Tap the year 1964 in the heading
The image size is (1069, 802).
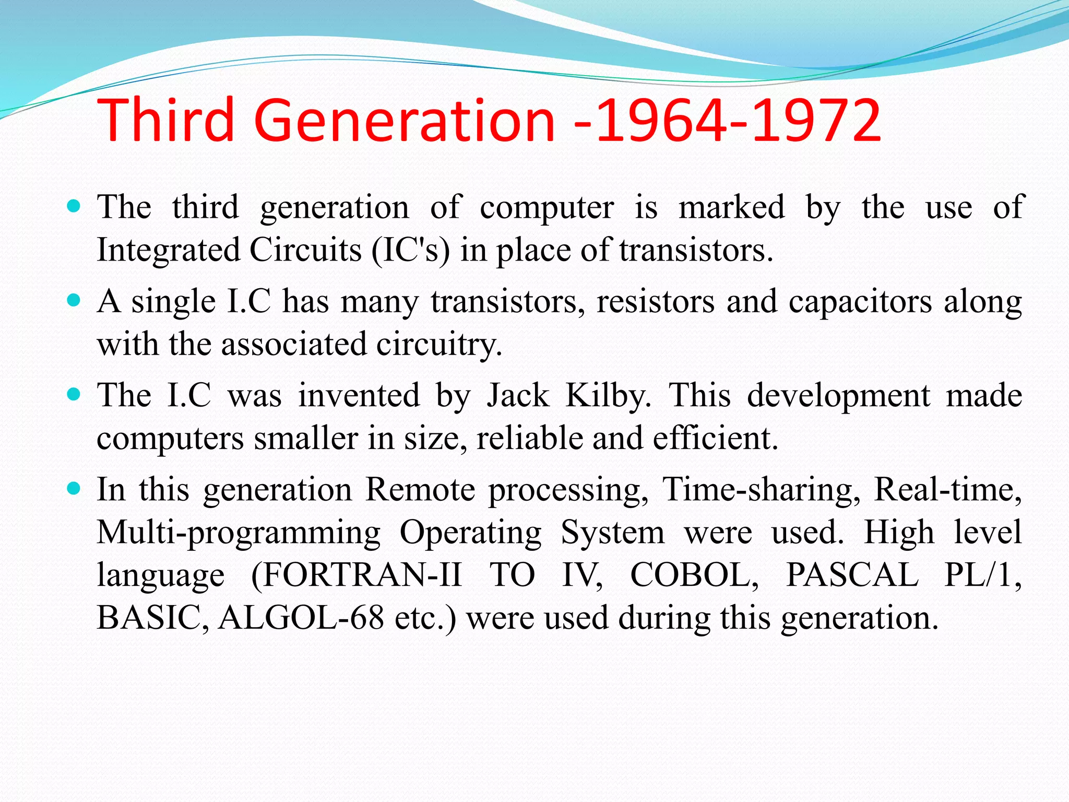coord(661,121)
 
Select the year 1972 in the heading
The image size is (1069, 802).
coord(816,121)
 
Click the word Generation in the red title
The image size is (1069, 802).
coord(405,121)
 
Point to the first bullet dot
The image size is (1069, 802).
coord(74,207)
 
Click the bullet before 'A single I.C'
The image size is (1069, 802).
coord(74,301)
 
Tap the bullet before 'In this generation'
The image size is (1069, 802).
coord(74,489)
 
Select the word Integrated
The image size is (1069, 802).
coord(169,250)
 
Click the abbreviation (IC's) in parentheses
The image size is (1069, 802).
coord(410,250)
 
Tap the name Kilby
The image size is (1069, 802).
coord(609,395)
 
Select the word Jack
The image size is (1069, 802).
coord(518,395)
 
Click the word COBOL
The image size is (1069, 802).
coord(694,575)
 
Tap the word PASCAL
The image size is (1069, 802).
coord(852,575)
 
